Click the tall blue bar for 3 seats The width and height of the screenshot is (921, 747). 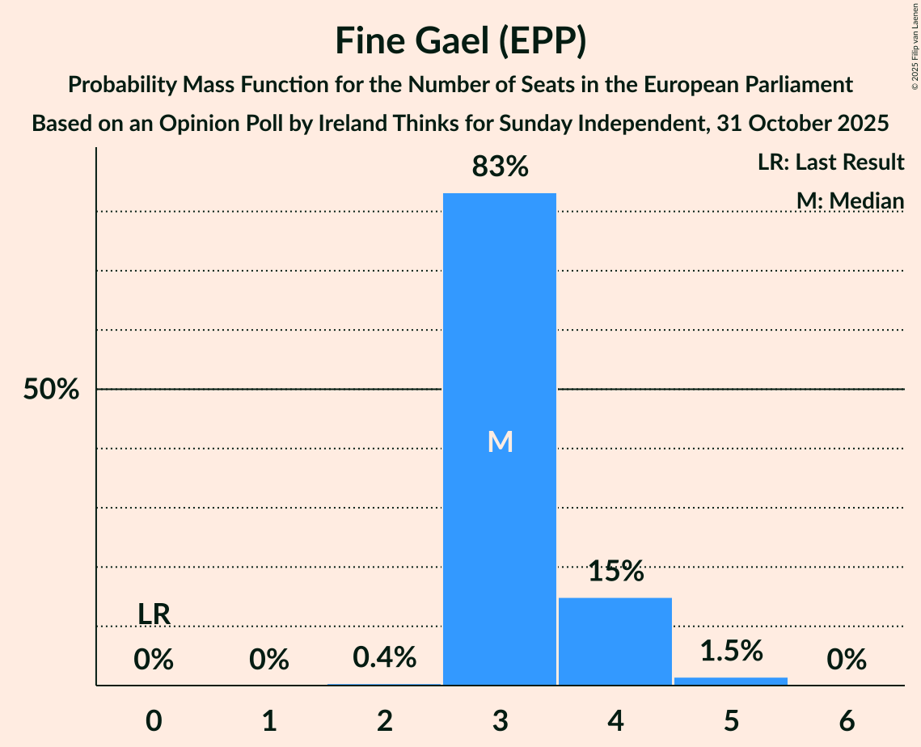(500, 323)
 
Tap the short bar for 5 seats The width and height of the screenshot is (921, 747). (731, 681)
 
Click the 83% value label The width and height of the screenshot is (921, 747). (500, 167)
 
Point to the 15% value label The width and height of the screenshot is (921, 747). (615, 572)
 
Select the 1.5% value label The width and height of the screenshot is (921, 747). (731, 651)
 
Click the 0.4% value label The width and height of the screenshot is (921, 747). (385, 657)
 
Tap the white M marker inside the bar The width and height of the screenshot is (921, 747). (501, 441)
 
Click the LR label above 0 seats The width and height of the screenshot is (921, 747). (154, 614)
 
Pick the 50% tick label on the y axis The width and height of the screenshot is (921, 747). (51, 390)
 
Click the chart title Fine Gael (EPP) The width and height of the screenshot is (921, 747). (460, 41)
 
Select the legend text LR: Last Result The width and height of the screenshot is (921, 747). (830, 162)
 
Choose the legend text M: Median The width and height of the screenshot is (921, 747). (850, 200)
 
